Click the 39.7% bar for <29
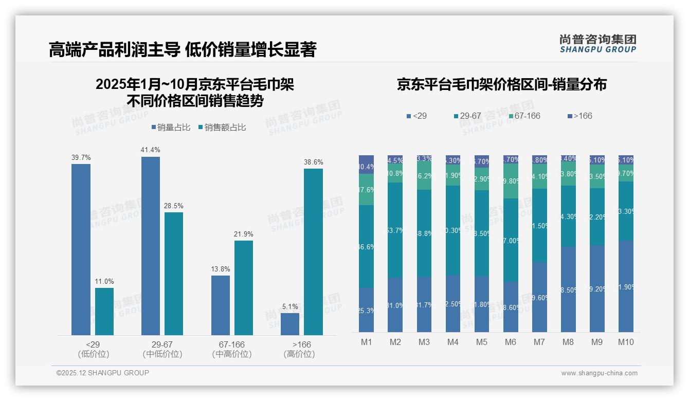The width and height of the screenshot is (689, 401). (x=81, y=249)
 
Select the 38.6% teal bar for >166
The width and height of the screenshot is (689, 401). (x=313, y=252)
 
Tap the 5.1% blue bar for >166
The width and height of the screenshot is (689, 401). (x=290, y=324)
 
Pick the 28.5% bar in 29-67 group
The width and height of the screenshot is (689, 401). (x=174, y=274)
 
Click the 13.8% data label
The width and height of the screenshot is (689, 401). (x=221, y=269)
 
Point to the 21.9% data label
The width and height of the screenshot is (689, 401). (x=244, y=234)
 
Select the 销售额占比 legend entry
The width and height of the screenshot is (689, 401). (x=222, y=127)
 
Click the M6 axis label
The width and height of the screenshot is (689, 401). (x=511, y=342)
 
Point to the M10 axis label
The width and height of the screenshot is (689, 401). (x=626, y=342)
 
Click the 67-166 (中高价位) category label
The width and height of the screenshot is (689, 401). (x=232, y=349)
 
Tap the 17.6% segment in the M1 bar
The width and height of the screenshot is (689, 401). (x=367, y=189)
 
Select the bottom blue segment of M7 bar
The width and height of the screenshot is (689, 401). (x=539, y=297)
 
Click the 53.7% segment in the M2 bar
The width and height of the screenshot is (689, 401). (x=395, y=230)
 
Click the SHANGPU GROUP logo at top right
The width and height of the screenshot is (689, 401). (x=597, y=44)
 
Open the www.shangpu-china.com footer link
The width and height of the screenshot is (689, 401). (x=599, y=373)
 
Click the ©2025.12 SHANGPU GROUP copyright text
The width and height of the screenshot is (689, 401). (x=103, y=373)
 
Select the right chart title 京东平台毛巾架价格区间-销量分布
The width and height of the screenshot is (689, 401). (x=501, y=84)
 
